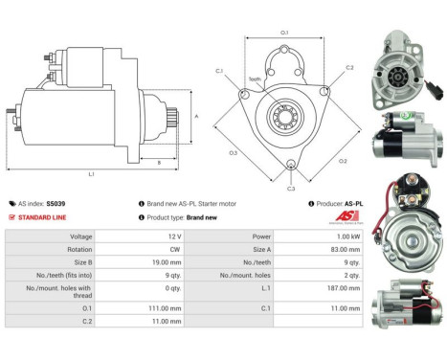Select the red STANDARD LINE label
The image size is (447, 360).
(x=45, y=217)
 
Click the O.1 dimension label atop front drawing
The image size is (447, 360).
(x=285, y=33)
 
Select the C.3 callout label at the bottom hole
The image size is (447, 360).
(x=291, y=189)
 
